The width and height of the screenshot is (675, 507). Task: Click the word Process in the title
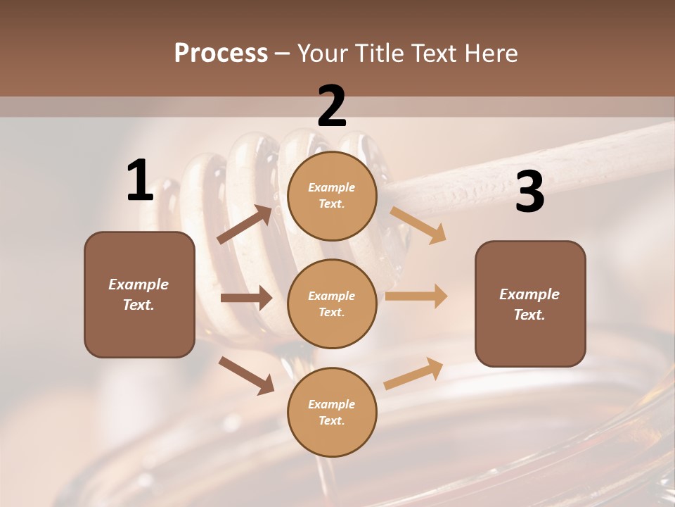click(x=221, y=54)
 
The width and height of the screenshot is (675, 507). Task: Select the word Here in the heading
click(x=490, y=54)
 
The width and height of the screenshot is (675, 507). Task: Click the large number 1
click(x=140, y=181)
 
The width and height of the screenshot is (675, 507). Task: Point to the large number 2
click(x=332, y=106)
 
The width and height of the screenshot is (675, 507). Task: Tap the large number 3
click(x=529, y=192)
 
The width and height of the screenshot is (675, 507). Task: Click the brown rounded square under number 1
click(x=139, y=294)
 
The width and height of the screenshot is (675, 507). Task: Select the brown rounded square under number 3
click(x=530, y=303)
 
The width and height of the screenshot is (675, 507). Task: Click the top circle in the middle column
click(x=332, y=196)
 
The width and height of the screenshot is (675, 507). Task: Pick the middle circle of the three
click(x=332, y=303)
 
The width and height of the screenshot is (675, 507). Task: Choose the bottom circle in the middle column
click(x=332, y=412)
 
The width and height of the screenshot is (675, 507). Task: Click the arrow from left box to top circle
click(x=245, y=225)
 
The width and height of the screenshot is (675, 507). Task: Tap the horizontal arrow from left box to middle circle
click(x=246, y=298)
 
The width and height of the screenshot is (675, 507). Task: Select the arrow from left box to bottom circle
click(x=246, y=375)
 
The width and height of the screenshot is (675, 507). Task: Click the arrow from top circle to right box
click(x=418, y=225)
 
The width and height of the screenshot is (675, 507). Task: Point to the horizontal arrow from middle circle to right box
click(x=416, y=296)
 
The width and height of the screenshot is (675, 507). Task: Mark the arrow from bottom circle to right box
click(x=414, y=374)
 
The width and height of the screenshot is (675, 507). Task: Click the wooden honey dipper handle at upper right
click(x=534, y=162)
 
